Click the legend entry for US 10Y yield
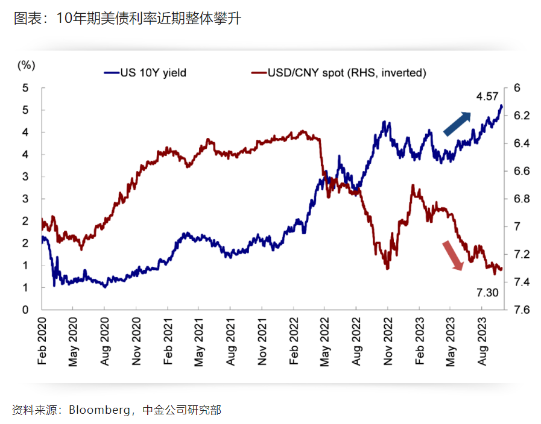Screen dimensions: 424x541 tap(145, 73)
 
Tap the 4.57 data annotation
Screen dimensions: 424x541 tap(487, 96)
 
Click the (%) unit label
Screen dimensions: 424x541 tap(26, 65)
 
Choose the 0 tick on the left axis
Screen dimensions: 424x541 tap(26, 310)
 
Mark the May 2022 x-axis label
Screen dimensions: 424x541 tap(325, 341)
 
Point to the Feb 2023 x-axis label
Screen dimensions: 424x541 tap(419, 341)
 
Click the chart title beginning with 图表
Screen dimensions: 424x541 tap(127, 19)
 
